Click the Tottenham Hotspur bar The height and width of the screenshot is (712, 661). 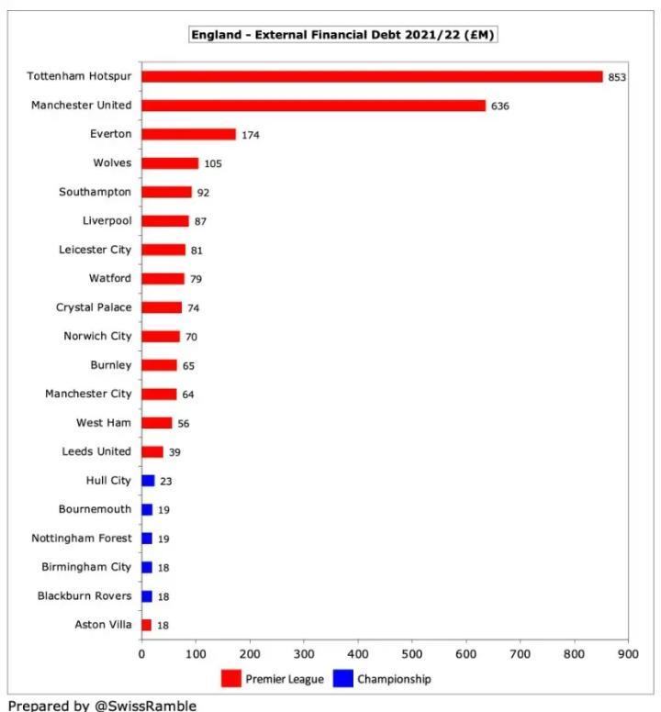coord(372,77)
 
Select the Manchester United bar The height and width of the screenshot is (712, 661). coord(313,106)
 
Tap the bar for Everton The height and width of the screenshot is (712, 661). coord(188,135)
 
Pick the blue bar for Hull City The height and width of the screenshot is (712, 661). coord(148,481)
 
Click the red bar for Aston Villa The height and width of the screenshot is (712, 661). coord(146,625)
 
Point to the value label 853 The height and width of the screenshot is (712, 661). coord(617,78)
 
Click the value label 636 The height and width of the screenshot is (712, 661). coord(500,106)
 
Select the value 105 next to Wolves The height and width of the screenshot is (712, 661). coord(213,164)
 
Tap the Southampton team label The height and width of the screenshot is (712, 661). coord(95,193)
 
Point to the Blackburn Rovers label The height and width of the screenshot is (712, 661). coord(84,596)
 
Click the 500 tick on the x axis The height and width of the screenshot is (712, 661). coord(411,654)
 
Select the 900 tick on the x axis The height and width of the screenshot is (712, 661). coord(627,654)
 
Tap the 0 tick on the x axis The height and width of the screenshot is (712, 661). coord(141,654)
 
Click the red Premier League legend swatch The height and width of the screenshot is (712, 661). coord(230,680)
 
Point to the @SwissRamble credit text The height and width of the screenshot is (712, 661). coord(102,706)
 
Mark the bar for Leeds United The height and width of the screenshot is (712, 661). coord(151,452)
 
